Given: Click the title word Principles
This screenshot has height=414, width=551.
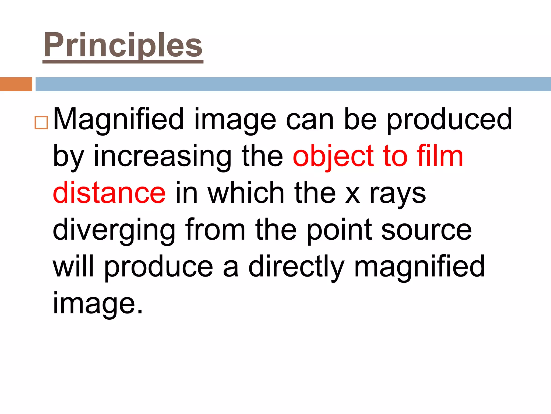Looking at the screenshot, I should (x=123, y=45).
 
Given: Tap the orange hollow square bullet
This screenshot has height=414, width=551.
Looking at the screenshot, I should (x=41, y=123).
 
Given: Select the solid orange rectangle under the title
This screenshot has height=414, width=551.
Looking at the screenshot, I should (x=16, y=84).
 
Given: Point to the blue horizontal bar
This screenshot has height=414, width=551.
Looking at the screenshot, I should (x=293, y=84).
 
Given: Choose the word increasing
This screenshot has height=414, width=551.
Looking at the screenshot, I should (x=163, y=157).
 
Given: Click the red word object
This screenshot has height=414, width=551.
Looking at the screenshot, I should (x=333, y=157).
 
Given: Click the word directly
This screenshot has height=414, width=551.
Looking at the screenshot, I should (x=296, y=267).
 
